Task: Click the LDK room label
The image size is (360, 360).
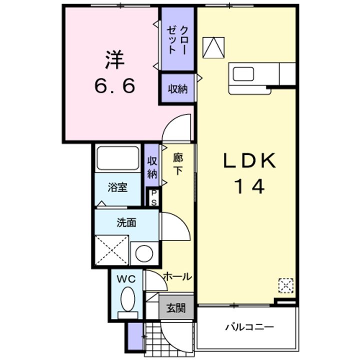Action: [249, 160]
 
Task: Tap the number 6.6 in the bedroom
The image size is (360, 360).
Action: [115, 85]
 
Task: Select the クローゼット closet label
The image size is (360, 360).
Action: [177, 40]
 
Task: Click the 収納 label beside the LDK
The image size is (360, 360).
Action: [177, 89]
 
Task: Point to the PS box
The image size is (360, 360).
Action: [153, 197]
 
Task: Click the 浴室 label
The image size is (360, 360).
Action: [117, 187]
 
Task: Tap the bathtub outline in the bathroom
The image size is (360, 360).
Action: [118, 158]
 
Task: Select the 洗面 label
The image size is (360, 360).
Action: [126, 222]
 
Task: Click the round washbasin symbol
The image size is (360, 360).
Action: [144, 253]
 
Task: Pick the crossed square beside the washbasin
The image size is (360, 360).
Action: [112, 250]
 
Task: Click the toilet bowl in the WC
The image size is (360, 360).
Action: [128, 299]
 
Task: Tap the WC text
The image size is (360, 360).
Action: [126, 279]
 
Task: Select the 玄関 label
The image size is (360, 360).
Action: [176, 308]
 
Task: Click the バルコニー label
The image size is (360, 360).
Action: [249, 326]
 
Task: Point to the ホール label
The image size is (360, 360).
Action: [177, 276]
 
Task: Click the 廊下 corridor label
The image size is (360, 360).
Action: [178, 164]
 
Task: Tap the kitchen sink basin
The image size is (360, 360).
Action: [243, 74]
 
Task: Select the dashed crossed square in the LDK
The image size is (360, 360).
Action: [286, 285]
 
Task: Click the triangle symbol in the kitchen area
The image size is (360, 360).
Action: [213, 47]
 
